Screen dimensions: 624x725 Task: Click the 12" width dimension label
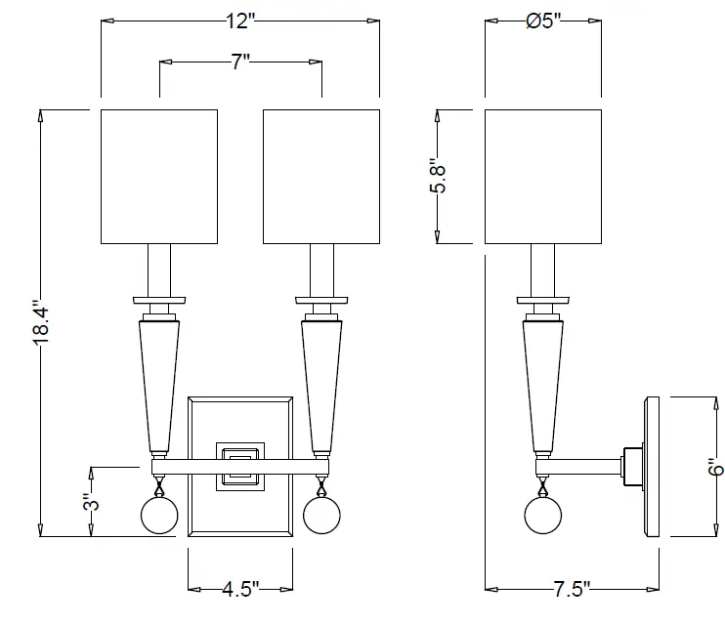(x=240, y=19)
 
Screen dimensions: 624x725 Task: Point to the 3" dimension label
(x=90, y=503)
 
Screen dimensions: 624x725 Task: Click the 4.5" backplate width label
(x=239, y=589)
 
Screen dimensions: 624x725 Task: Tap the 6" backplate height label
(x=716, y=467)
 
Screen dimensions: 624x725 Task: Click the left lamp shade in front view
(x=159, y=177)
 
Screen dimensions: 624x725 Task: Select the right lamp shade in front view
(x=321, y=177)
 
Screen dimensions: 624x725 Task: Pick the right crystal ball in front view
(x=320, y=515)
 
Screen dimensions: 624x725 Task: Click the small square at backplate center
(x=239, y=465)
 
